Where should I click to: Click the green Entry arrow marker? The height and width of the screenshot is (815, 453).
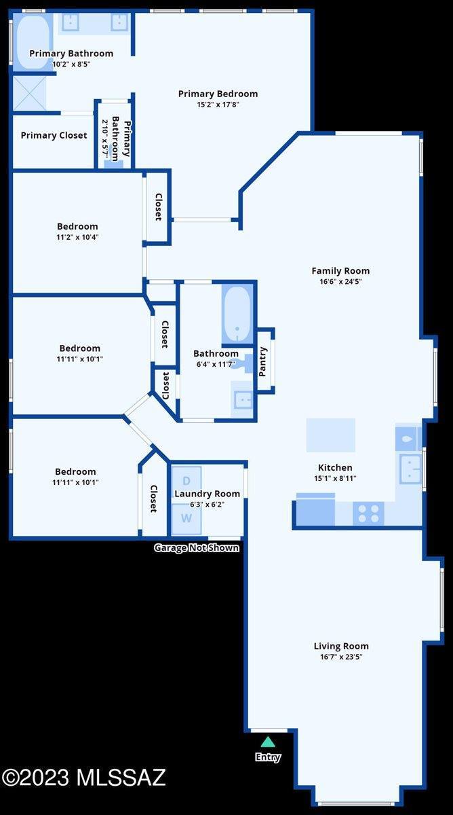(x=268, y=742)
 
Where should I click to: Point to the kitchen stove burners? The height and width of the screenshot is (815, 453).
(x=369, y=513)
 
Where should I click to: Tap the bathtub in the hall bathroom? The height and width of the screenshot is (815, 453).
(x=237, y=314)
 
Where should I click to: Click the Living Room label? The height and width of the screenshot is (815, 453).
(x=341, y=646)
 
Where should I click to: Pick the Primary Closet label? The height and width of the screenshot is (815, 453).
(x=54, y=135)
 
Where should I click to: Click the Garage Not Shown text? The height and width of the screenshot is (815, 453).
(x=197, y=547)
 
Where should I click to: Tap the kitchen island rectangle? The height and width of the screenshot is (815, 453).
(x=330, y=435)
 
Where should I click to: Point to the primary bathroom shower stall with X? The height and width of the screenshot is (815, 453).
(x=28, y=94)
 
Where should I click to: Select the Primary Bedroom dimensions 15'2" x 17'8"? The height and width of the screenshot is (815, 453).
(x=218, y=105)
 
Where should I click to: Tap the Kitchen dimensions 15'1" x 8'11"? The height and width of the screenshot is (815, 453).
(x=335, y=478)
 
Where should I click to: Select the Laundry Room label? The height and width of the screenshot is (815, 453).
(x=208, y=494)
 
